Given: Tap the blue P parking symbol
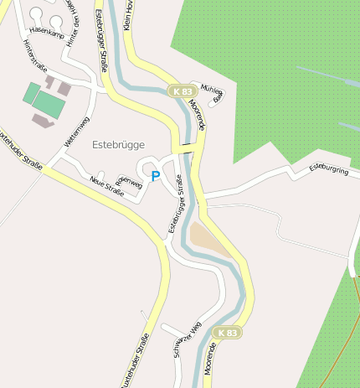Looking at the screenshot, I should tap(155, 176).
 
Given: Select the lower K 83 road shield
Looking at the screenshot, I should tap(226, 333).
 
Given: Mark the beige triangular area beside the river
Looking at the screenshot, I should tap(208, 241).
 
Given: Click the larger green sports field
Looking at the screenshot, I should tap(48, 104).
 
